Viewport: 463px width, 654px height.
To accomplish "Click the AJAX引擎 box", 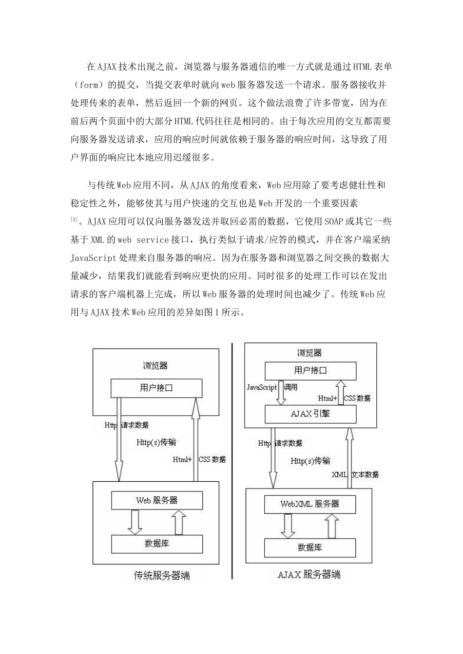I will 310,414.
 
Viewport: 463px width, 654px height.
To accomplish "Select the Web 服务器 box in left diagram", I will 156,500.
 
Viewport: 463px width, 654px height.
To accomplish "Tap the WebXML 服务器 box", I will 309,504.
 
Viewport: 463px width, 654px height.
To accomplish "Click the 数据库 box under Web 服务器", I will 156,543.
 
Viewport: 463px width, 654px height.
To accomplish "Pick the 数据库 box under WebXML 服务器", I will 309,547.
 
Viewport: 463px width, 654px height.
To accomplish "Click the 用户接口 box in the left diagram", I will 156,388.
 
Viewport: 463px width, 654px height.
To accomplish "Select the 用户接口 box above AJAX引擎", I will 310,370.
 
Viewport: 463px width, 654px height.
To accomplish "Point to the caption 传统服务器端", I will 161,576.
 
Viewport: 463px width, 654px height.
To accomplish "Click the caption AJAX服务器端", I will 309,574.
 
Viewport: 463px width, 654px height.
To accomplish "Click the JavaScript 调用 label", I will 272,387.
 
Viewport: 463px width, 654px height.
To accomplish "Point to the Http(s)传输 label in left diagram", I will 156,442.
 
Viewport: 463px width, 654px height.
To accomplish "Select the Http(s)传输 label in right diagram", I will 310,460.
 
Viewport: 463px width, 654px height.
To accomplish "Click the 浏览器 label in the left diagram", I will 155,365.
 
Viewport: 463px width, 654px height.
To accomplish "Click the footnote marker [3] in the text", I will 74,220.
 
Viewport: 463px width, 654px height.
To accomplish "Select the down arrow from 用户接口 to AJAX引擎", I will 281,393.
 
